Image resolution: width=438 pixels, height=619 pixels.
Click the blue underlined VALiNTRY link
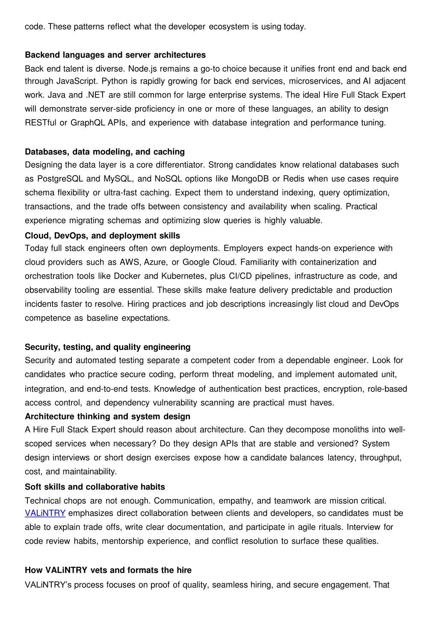(x=45, y=513)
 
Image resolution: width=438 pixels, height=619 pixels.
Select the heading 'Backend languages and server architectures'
(x=115, y=55)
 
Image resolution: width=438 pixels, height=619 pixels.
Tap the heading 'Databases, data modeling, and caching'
(x=105, y=152)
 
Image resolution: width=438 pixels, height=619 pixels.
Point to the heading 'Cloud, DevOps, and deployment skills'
(x=102, y=235)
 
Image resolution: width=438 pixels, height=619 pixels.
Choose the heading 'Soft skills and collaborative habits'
(x=95, y=487)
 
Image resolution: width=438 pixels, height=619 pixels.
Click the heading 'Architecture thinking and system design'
(x=107, y=416)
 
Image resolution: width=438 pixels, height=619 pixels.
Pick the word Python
(x=112, y=81)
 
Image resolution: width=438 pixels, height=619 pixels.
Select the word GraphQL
(x=88, y=123)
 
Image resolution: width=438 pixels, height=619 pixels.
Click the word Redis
(x=294, y=179)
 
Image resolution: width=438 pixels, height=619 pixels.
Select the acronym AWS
(x=130, y=262)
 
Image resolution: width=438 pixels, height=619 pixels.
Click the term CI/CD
(x=240, y=276)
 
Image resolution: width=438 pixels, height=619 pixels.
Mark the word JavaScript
(x=77, y=81)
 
